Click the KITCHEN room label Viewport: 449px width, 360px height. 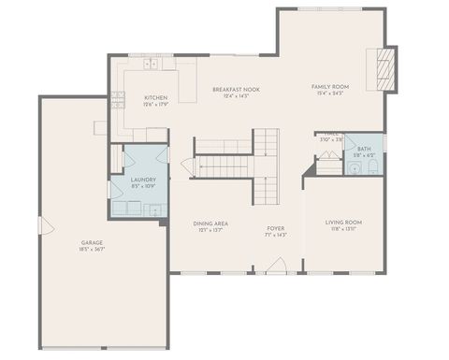point(155,97)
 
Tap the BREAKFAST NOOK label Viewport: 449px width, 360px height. point(236,89)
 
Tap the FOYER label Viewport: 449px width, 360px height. point(276,228)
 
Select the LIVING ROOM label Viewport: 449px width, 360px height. point(343,222)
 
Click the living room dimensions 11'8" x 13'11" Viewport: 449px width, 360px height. point(343,229)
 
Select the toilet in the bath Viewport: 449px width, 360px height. point(371,167)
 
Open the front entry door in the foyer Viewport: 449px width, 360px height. point(276,266)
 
